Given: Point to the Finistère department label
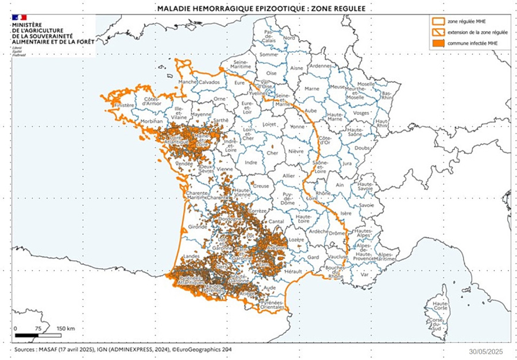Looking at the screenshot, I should click(124, 106).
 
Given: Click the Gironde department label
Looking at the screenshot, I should click(197, 227).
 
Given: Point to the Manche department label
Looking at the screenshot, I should click(187, 82).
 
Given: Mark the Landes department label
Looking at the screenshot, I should click(191, 256).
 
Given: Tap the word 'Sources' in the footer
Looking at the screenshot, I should click(24, 349).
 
